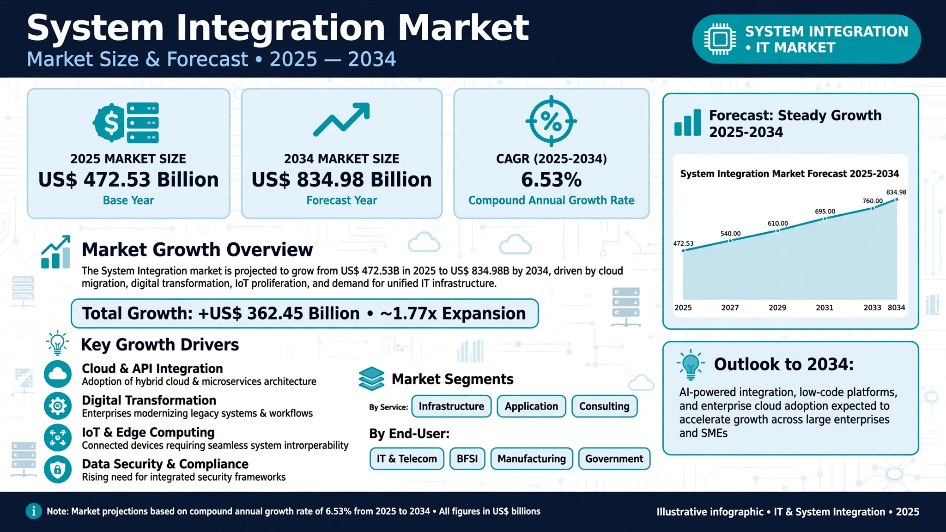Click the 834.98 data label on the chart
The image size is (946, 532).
point(896,192)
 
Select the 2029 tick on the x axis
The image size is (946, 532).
point(777,308)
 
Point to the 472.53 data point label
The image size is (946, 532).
point(683,243)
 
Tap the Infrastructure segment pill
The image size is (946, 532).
point(451,406)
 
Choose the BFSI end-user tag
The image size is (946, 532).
point(467,459)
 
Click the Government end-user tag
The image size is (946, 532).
point(614,459)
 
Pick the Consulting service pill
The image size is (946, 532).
point(604,406)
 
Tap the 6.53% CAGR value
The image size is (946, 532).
point(551,180)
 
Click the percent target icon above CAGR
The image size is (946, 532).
point(551,121)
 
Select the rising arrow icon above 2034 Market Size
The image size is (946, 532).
point(341,120)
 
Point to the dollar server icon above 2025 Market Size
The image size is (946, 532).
point(126,122)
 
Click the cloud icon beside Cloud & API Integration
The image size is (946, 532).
point(58,374)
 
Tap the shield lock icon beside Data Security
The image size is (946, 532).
point(58,469)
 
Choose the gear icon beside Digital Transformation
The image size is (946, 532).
point(58,406)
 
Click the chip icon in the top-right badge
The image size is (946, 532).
point(720,39)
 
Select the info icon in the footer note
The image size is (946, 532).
point(33,511)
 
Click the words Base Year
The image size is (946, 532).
point(128,200)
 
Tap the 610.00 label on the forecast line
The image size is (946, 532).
point(778,224)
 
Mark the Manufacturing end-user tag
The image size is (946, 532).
point(532,459)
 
